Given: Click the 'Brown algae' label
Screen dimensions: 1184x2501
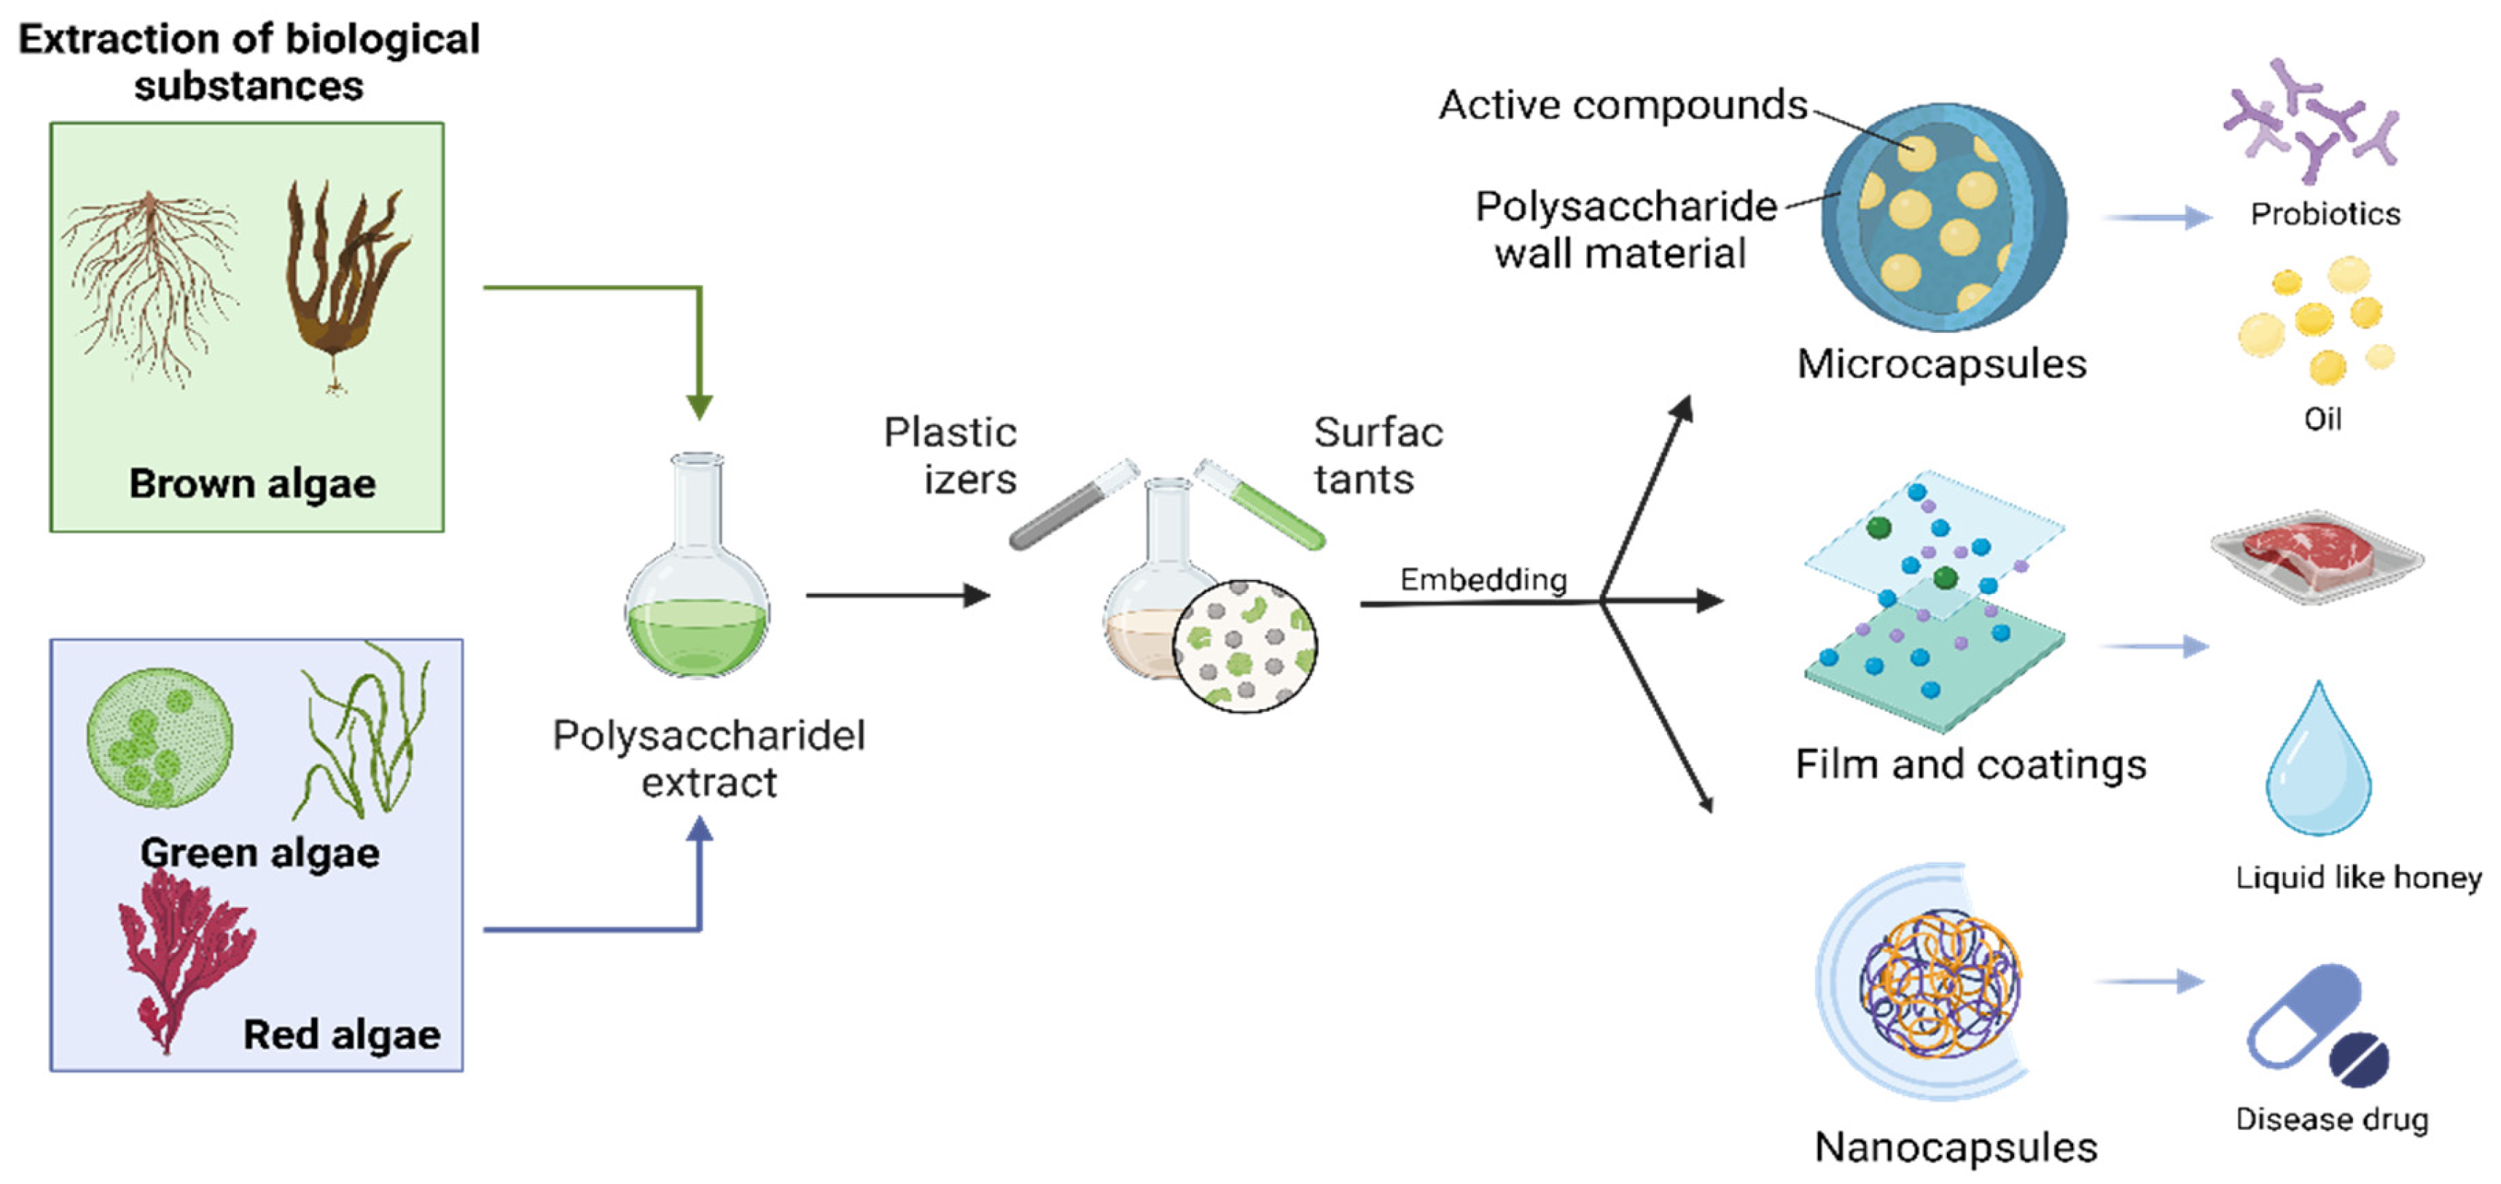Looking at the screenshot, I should [x=252, y=483].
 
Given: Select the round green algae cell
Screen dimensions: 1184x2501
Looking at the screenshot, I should [x=160, y=737].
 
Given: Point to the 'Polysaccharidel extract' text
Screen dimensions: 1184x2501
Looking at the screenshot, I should [x=709, y=758].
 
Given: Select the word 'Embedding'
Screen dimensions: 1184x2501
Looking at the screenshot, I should [x=1483, y=579].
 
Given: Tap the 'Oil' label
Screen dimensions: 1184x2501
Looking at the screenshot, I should [x=2322, y=419].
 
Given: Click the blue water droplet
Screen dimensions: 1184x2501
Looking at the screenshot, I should [x=2319, y=767].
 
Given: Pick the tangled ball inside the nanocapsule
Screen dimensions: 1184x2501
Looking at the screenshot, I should [x=1940, y=983].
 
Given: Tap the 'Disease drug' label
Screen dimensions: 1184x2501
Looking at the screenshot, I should [x=2332, y=1119].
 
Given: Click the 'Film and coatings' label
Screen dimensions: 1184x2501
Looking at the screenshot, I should [x=1971, y=765].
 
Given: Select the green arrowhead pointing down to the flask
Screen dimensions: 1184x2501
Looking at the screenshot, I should [x=699, y=407].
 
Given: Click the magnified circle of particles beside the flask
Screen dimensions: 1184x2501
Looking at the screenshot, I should [x=1245, y=646].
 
